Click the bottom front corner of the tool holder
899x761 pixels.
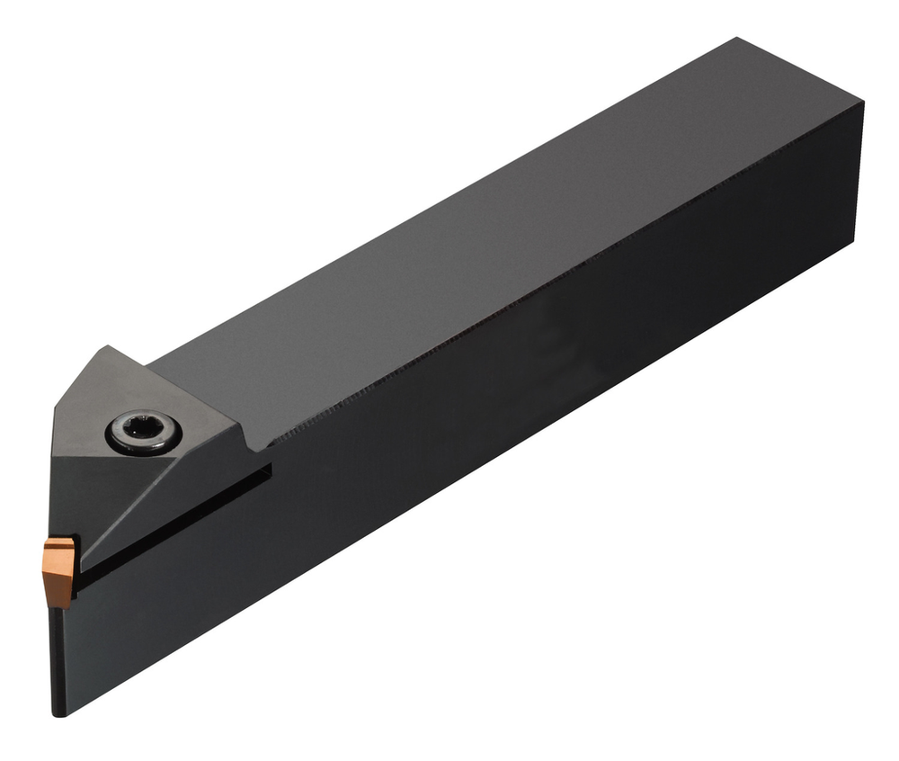[59, 714]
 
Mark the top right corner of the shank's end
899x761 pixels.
[861, 103]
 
